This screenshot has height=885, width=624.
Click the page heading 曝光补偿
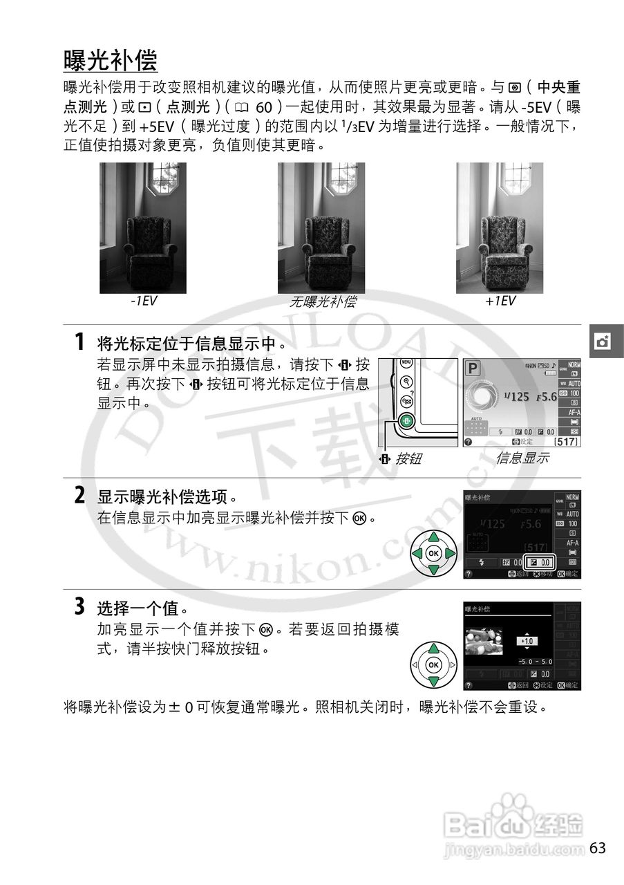click(x=111, y=61)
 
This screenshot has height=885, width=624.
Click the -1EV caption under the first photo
click(x=143, y=301)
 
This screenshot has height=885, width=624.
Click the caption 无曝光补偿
click(x=322, y=302)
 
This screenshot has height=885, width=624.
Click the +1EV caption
click(x=500, y=301)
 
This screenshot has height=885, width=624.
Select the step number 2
click(x=80, y=496)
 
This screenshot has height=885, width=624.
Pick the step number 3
click(x=80, y=608)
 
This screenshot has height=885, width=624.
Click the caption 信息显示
click(x=522, y=458)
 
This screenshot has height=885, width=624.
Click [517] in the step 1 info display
click(x=565, y=441)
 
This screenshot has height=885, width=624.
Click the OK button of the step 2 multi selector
click(x=433, y=554)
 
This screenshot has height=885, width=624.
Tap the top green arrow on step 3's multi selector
click(x=433, y=649)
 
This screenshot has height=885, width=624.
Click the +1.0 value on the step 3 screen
click(x=527, y=641)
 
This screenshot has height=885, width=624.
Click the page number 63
click(x=598, y=848)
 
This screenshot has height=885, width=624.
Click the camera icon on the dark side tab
click(x=603, y=342)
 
